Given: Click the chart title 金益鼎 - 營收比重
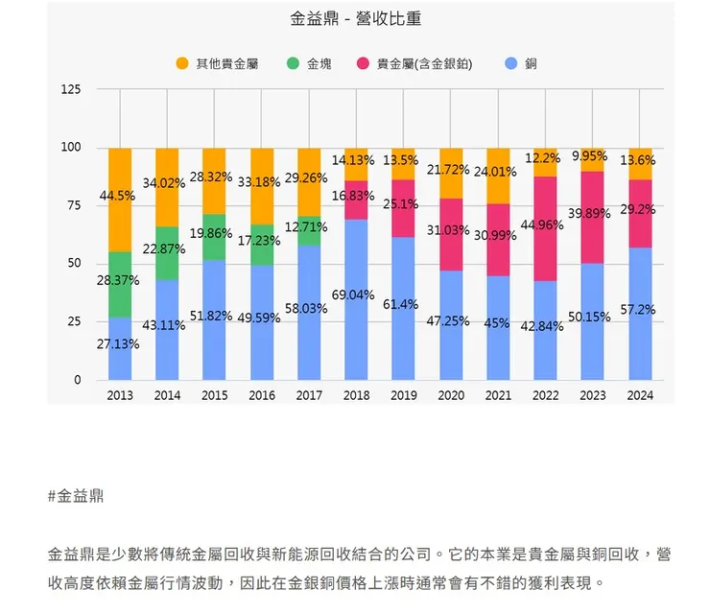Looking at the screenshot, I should point(355,18).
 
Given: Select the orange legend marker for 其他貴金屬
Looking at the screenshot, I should point(182,63).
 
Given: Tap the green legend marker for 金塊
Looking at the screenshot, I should point(294,63).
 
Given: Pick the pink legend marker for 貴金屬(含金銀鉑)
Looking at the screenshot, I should point(363,63).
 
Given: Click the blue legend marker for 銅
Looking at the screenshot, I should point(511,63).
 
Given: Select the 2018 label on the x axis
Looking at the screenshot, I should point(355,395).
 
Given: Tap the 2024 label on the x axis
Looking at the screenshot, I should point(639,395).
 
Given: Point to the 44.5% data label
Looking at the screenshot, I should point(117,196).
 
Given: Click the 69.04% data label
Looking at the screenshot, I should point(352,295).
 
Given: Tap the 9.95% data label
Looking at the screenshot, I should point(589,155).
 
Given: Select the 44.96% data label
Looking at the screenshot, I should point(541,225).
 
